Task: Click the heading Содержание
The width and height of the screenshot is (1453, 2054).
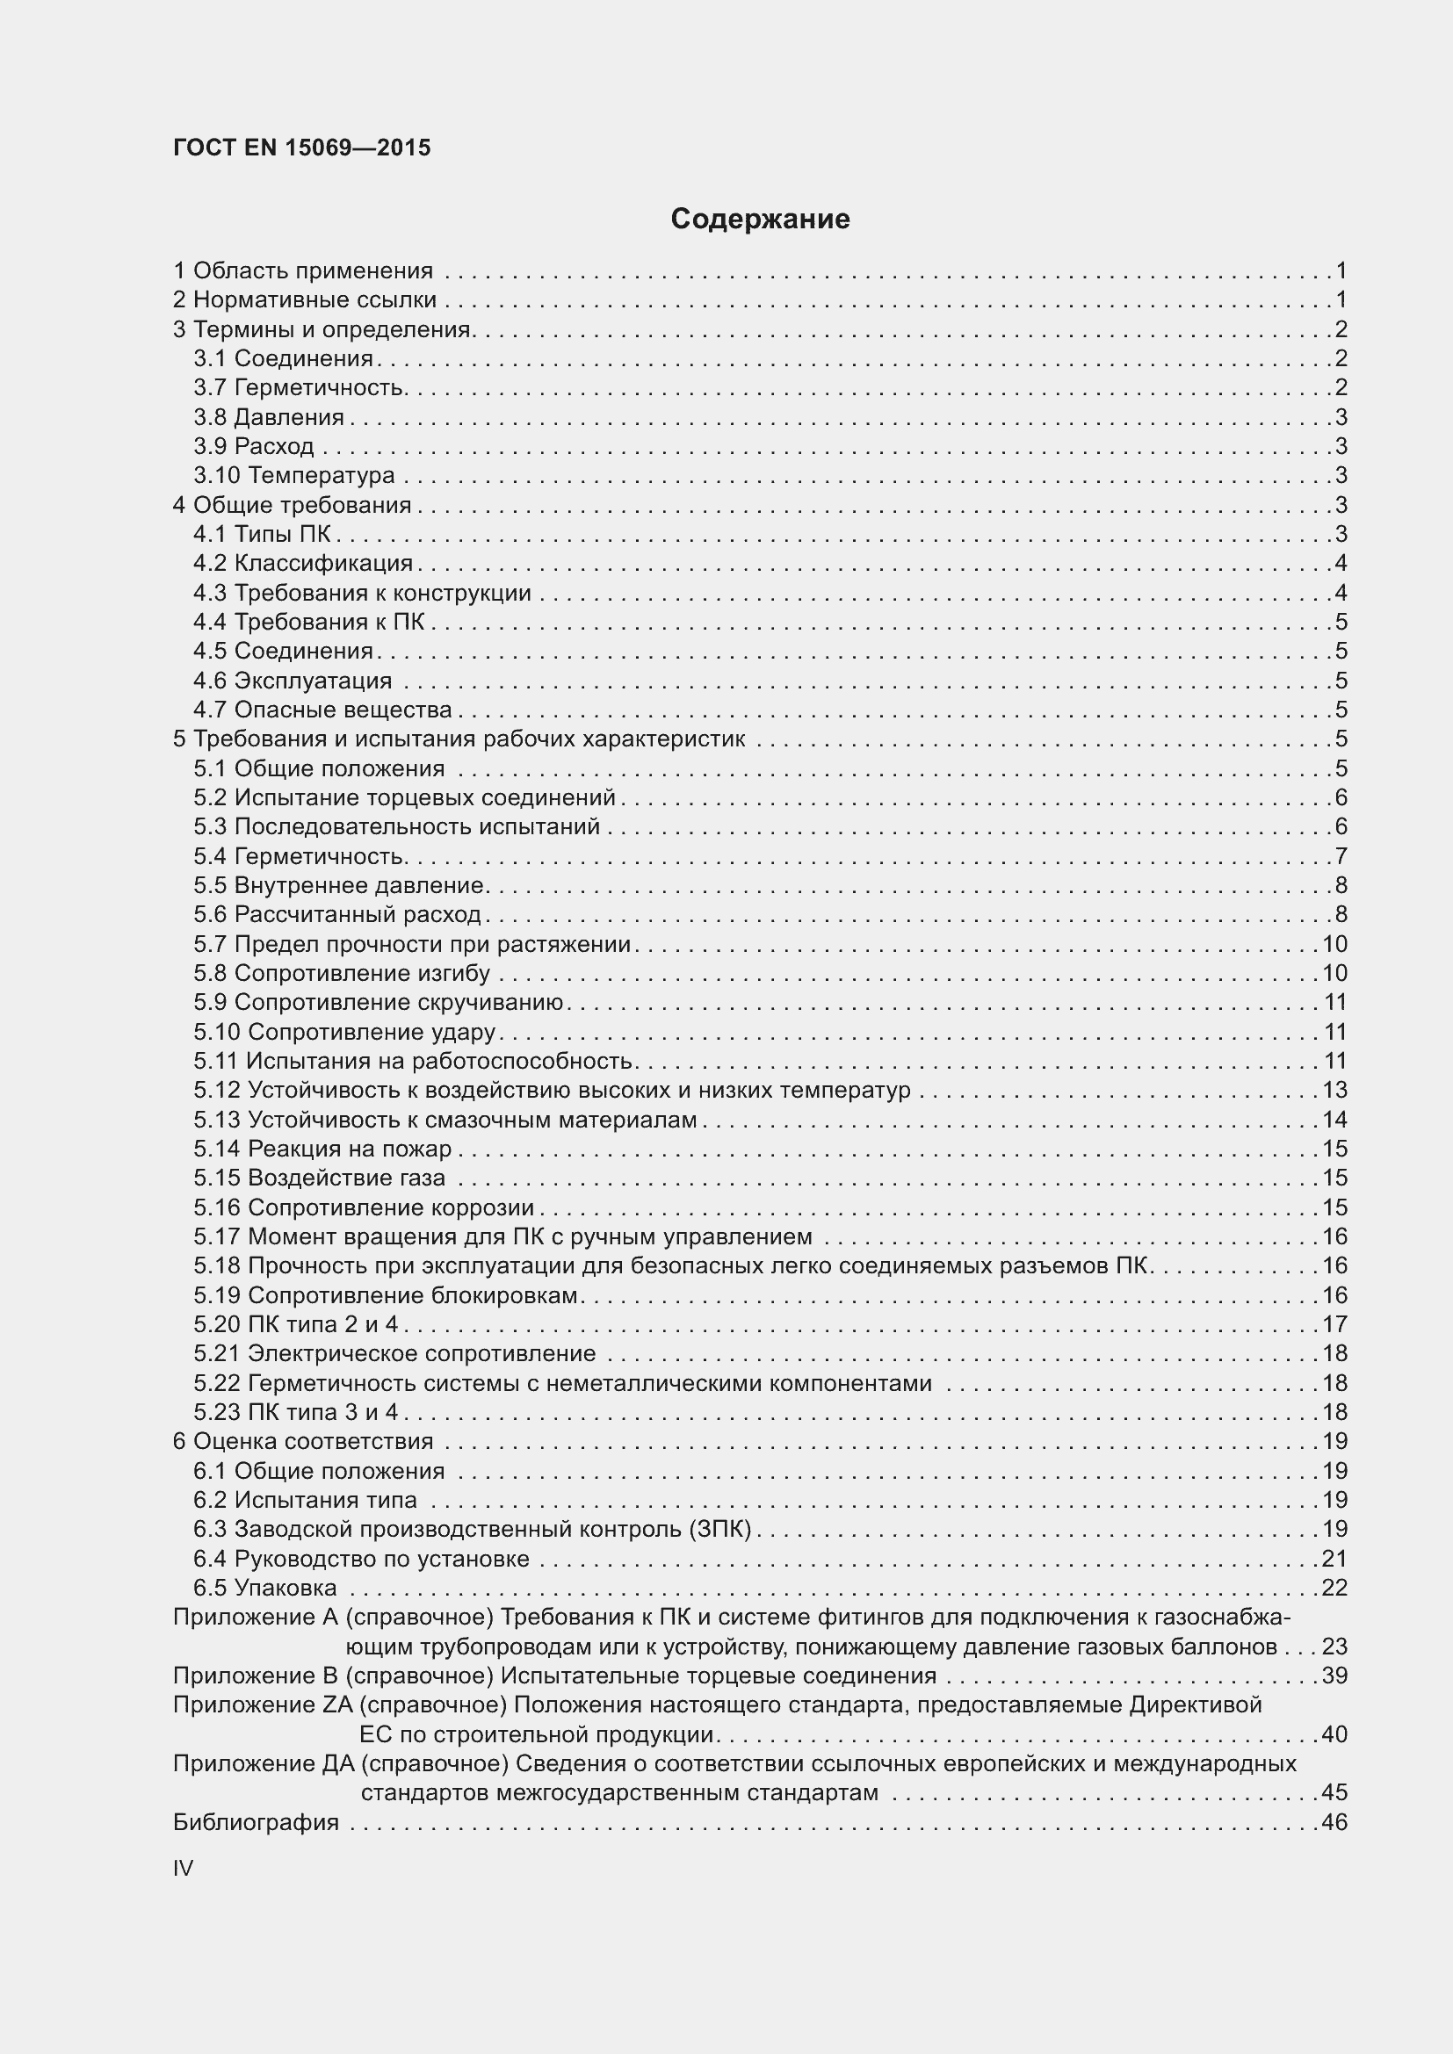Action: click(760, 220)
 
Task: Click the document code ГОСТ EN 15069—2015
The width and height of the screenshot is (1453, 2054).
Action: click(301, 148)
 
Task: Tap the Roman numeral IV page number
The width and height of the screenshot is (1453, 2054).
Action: click(183, 1868)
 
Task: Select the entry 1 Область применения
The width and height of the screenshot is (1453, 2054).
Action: click(303, 270)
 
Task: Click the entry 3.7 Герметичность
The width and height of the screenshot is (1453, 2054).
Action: click(300, 387)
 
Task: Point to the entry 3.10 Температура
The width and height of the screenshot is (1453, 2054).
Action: click(294, 475)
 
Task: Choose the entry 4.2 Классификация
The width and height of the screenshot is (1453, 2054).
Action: click(303, 563)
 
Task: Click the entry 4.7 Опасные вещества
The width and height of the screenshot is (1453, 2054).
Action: click(323, 710)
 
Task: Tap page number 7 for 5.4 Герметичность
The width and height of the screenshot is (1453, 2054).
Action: click(1341, 856)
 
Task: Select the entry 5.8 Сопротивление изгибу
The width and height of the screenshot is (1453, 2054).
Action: click(342, 973)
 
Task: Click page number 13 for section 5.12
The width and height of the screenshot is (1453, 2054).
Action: click(1334, 1090)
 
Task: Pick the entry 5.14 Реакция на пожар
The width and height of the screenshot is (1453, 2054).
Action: click(323, 1149)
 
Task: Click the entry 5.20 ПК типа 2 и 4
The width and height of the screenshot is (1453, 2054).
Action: click(296, 1324)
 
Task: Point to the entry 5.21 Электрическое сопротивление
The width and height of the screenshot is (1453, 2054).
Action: click(394, 1353)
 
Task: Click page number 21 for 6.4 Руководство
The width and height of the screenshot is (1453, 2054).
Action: click(1334, 1559)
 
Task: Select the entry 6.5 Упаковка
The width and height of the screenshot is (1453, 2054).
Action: click(265, 1588)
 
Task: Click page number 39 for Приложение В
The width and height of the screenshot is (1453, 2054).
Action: click(1334, 1676)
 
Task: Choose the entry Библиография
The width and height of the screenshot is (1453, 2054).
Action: click(256, 1822)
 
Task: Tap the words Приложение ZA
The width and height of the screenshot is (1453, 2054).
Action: click(263, 1705)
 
